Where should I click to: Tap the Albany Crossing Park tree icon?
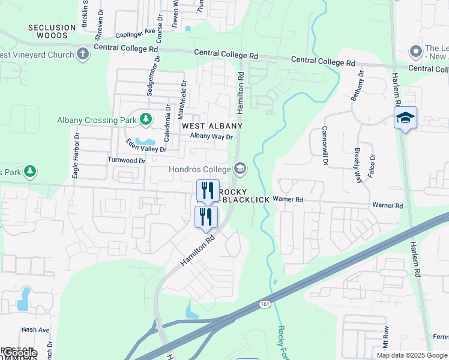click(x=145, y=119)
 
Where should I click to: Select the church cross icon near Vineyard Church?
click(x=83, y=55)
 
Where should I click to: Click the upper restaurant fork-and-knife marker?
click(x=208, y=191)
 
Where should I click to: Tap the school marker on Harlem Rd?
click(x=405, y=118)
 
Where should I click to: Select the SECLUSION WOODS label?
click(x=48, y=31)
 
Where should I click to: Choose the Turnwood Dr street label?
click(x=127, y=161)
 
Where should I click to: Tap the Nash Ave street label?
click(x=35, y=329)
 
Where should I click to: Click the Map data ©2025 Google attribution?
click(x=411, y=355)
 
